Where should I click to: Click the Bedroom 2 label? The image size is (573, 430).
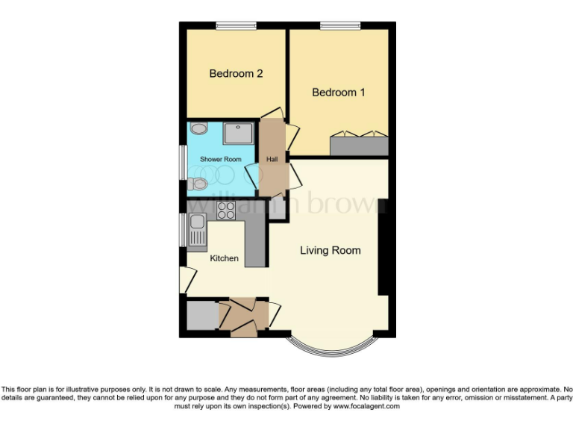236,74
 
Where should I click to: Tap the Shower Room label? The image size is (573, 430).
221,160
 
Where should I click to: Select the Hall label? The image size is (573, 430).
272,159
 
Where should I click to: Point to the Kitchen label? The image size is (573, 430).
224,258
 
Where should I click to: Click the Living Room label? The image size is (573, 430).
330,250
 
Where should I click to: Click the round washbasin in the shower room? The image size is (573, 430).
198,128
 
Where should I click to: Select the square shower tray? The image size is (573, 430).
239,134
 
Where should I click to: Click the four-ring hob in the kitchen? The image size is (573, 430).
226,211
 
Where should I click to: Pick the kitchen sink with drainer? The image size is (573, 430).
198,228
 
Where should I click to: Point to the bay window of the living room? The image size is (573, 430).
330,349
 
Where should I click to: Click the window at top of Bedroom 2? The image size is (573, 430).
236,26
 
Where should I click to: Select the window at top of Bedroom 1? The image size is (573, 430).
339,26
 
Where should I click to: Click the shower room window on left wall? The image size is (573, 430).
183,160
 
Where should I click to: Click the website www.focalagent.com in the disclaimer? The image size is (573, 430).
366,407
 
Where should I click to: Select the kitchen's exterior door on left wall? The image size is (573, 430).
186,280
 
